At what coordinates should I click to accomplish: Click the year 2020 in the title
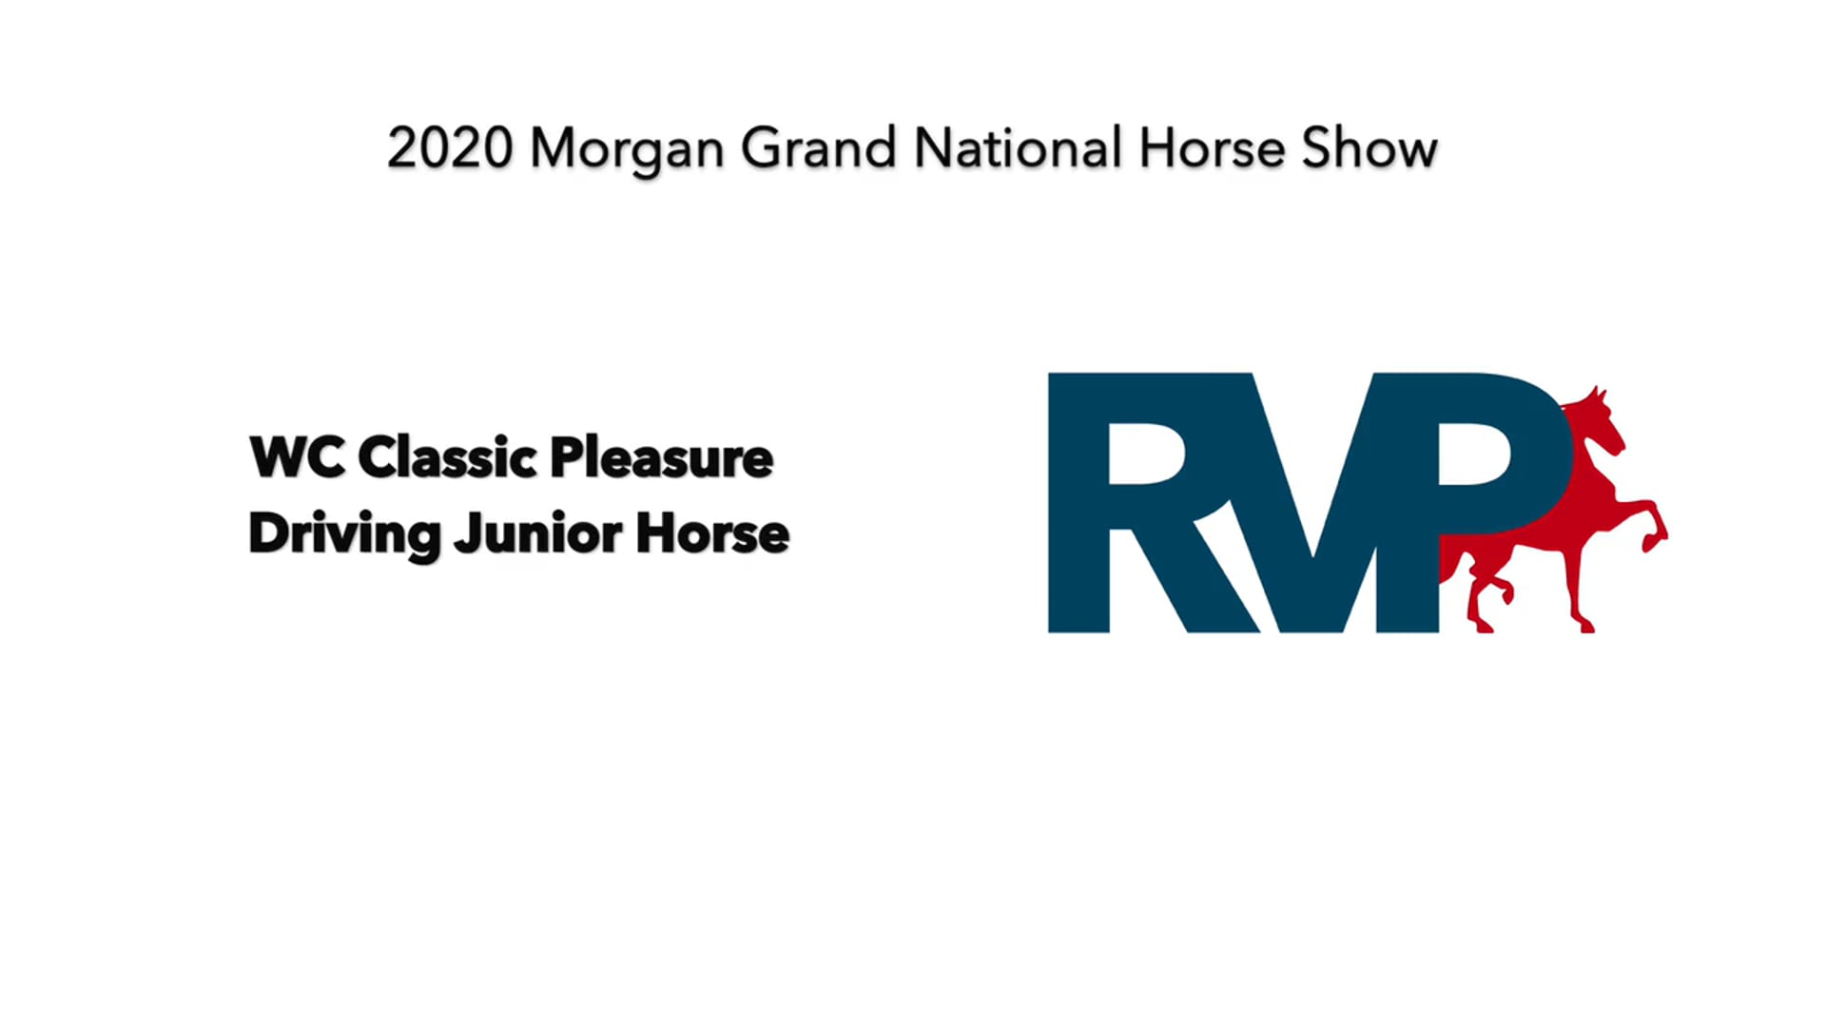click(x=450, y=149)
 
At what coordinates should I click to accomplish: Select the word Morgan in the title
click(x=626, y=150)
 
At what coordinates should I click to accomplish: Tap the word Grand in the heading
click(x=818, y=149)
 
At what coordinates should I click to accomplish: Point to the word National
click(x=1018, y=149)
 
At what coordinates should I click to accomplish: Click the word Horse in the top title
click(x=1212, y=149)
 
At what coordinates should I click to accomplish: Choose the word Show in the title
click(x=1369, y=149)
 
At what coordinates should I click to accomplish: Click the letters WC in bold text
click(x=297, y=457)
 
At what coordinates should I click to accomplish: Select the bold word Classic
click(x=447, y=457)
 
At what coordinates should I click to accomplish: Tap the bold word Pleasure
click(x=661, y=457)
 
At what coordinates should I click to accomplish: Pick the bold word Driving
click(x=344, y=533)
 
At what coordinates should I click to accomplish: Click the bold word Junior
click(x=538, y=533)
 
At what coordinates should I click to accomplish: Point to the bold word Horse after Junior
click(x=712, y=533)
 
